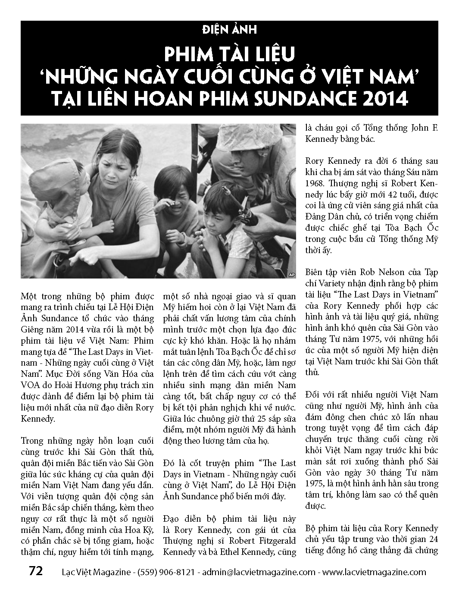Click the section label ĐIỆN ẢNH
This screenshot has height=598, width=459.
[230, 29]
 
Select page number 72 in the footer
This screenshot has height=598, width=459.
[36, 571]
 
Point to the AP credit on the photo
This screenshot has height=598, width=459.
[291, 274]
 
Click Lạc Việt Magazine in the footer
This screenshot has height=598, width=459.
[95, 572]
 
